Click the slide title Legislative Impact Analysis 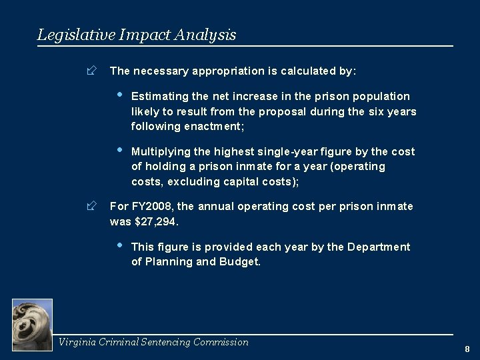click(x=137, y=34)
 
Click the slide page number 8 click(x=467, y=349)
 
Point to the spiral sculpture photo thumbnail click(x=32, y=324)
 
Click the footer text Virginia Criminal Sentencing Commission click(x=153, y=342)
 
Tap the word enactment click(x=205, y=126)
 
